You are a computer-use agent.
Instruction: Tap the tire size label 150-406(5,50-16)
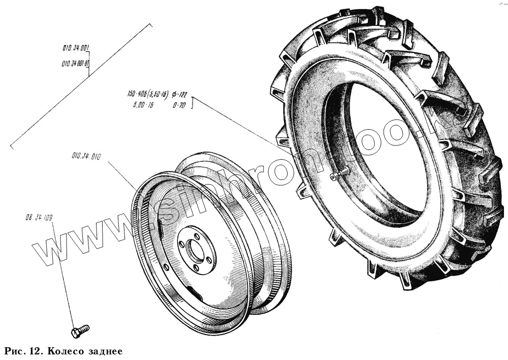[x=148, y=94]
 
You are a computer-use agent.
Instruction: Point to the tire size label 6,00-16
[x=141, y=105]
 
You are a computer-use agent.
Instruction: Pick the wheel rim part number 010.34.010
[x=86, y=157]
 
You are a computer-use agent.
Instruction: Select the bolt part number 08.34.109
[x=38, y=218]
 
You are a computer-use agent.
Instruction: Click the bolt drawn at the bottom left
[x=80, y=331]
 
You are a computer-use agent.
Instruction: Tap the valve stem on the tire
[x=337, y=174]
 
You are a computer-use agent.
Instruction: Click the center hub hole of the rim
[x=196, y=249]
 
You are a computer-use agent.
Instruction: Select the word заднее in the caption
[x=104, y=351]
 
